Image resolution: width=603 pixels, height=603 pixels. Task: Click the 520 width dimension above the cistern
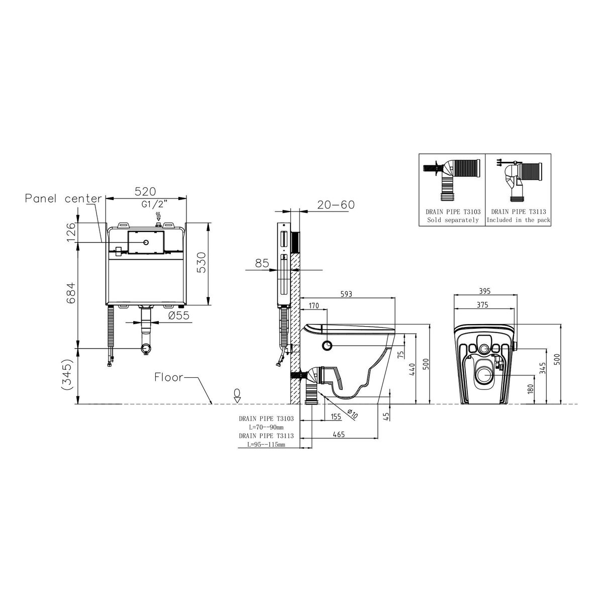point(145,191)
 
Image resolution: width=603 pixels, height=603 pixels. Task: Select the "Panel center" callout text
point(63,198)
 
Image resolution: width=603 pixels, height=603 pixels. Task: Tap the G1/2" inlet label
point(155,205)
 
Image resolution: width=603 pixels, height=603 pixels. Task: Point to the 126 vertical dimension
point(71,232)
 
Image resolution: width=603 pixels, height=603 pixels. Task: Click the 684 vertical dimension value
point(71,292)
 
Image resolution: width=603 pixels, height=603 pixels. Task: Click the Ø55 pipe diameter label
point(179,316)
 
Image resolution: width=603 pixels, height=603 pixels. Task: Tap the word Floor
point(169,377)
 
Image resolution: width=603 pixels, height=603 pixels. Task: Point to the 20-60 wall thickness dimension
point(336,205)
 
